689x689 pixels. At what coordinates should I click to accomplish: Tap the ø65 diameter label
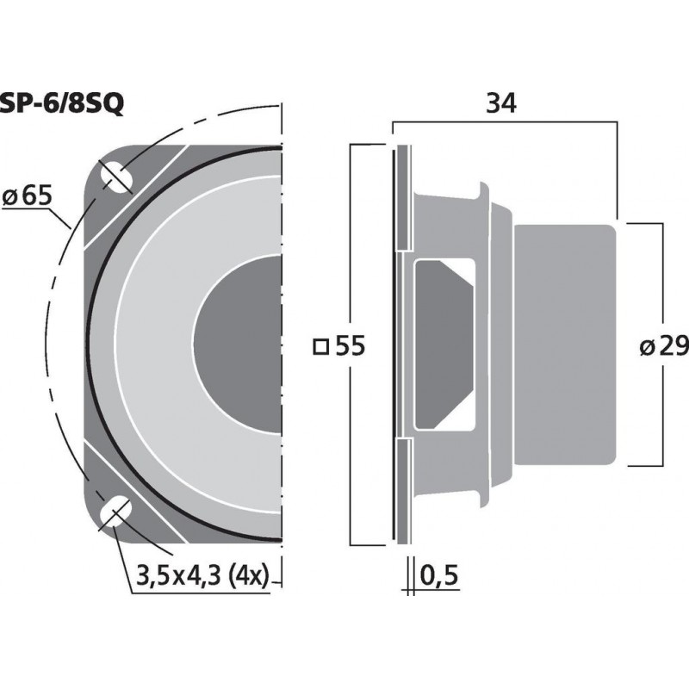point(27,196)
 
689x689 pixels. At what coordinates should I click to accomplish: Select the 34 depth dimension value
point(500,104)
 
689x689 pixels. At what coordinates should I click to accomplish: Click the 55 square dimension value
point(349,346)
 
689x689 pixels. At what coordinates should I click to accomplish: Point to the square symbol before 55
point(320,347)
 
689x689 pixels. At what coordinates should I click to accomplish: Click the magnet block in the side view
point(564,344)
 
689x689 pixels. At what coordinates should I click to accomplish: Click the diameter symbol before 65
point(11,197)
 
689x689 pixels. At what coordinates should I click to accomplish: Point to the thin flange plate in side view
point(399,344)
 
